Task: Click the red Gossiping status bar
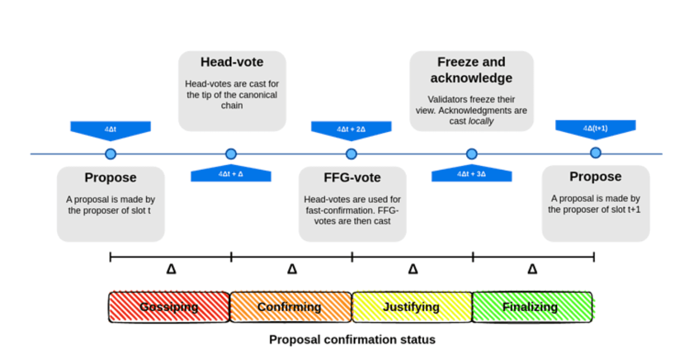click(x=169, y=307)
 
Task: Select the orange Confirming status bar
click(x=290, y=307)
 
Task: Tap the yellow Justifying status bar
click(x=412, y=307)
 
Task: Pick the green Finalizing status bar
click(x=532, y=307)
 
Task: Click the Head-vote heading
click(x=232, y=62)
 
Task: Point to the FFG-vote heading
click(x=352, y=177)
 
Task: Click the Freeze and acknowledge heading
click(x=471, y=70)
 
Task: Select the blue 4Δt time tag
click(x=110, y=129)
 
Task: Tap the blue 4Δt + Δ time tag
click(x=231, y=174)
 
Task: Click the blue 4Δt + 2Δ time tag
click(x=351, y=129)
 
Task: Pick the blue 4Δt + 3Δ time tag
click(x=472, y=174)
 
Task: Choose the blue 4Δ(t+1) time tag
click(x=595, y=128)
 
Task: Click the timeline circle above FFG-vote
click(x=351, y=154)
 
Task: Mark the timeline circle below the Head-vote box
click(x=231, y=154)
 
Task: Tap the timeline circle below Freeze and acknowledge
click(x=472, y=154)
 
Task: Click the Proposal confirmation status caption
click(x=352, y=340)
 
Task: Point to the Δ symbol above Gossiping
click(x=171, y=269)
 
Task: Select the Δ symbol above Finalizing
click(x=533, y=269)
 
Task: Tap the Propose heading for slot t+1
click(x=595, y=176)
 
